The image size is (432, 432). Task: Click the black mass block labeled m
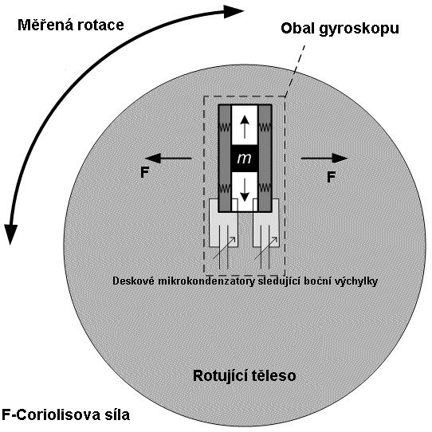pyautogui.click(x=245, y=158)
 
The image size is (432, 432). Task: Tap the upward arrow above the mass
pyautogui.click(x=245, y=127)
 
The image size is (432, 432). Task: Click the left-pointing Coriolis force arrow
pyautogui.click(x=168, y=158)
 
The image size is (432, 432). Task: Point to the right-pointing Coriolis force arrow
pyautogui.click(x=324, y=158)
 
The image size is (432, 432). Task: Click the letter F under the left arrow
pyautogui.click(x=144, y=173)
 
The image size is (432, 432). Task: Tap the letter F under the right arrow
pyautogui.click(x=331, y=177)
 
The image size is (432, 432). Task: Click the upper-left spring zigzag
pyautogui.click(x=224, y=128)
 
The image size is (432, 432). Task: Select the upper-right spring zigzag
pyautogui.click(x=265, y=128)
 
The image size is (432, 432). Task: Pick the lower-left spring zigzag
pyautogui.click(x=224, y=189)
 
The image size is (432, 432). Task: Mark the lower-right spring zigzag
pyautogui.click(x=265, y=189)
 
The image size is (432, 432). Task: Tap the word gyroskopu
pyautogui.click(x=359, y=29)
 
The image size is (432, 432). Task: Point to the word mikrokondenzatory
pyautogui.click(x=206, y=281)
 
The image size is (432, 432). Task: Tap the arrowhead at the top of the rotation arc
pyautogui.click(x=234, y=11)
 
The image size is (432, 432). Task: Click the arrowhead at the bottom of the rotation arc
pyautogui.click(x=10, y=234)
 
